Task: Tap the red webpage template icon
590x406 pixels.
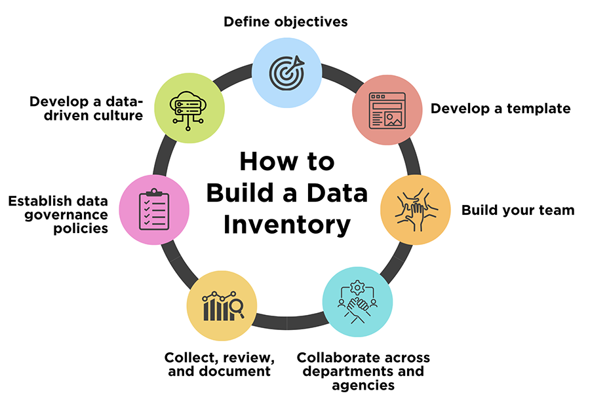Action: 387,111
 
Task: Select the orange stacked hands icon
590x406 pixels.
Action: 416,210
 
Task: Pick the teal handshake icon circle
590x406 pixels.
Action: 357,302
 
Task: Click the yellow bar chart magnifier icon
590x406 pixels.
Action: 222,305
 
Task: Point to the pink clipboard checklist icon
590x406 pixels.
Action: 154,210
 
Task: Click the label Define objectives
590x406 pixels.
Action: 285,22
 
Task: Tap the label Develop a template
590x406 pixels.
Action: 500,109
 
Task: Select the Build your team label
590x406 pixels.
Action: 517,210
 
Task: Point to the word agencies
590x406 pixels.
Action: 363,385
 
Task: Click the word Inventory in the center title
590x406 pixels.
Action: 286,225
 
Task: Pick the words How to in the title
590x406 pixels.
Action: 286,162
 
